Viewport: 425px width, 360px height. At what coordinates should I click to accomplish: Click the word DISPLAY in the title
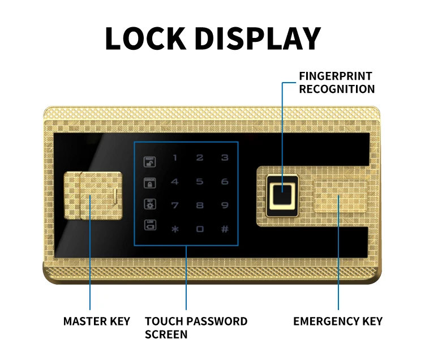[258, 38]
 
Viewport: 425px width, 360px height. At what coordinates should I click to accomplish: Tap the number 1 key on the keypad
[175, 158]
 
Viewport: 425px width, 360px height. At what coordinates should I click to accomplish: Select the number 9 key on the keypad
[225, 205]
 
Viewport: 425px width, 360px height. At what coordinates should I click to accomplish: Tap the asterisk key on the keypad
[175, 229]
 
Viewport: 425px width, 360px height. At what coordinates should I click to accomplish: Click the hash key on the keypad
[225, 229]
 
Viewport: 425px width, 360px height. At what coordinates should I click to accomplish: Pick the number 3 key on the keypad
[225, 158]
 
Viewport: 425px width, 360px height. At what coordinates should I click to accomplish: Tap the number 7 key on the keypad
[175, 205]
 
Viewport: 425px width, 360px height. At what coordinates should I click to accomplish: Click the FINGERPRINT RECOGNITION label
[337, 83]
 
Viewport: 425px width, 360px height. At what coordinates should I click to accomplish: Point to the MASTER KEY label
[97, 322]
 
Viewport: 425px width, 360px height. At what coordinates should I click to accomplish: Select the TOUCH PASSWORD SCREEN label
[196, 328]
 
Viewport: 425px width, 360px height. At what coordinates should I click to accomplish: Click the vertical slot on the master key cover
[114, 196]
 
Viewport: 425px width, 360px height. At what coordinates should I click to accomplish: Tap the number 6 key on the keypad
[225, 182]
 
